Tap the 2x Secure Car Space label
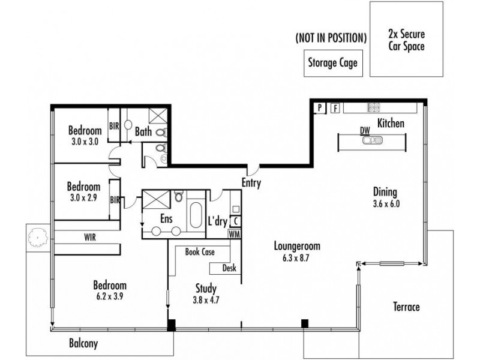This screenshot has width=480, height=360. (x=407, y=40)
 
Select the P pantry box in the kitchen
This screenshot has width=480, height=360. (x=320, y=108)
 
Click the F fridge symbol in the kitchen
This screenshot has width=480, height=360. (x=335, y=108)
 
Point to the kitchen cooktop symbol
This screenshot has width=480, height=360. (x=373, y=107)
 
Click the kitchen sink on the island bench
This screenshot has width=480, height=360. (x=372, y=140)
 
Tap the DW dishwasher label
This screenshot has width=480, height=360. (x=365, y=131)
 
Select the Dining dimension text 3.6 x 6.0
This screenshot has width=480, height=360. (x=386, y=204)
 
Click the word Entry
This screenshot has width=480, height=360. (x=251, y=183)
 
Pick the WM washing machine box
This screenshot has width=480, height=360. (x=234, y=234)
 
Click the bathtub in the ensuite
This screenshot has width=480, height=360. (x=196, y=215)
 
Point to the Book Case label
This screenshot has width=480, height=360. (x=200, y=252)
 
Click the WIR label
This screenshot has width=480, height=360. (x=90, y=237)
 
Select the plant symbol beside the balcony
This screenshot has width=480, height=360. (x=38, y=237)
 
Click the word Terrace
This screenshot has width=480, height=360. (x=406, y=307)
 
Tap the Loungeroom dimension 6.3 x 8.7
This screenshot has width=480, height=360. (x=296, y=258)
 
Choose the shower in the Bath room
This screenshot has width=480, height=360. (x=158, y=116)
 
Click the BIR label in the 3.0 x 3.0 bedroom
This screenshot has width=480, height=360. (x=114, y=126)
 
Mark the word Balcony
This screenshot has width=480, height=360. (x=83, y=343)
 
